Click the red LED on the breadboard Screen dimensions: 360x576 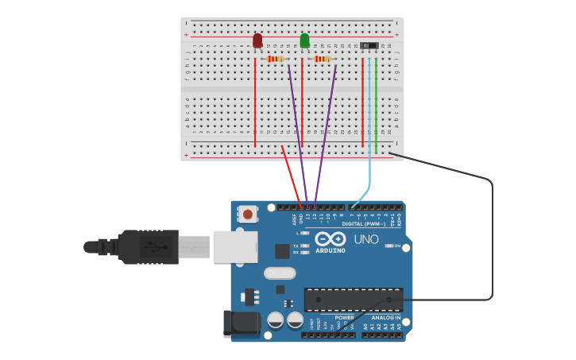[257, 41]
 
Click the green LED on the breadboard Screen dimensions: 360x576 [304, 41]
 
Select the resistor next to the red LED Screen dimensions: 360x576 [275, 59]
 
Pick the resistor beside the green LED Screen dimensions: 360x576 [322, 59]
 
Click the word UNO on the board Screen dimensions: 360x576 [366, 239]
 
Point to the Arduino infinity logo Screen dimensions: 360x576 [330, 239]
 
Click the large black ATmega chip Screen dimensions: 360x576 [354, 300]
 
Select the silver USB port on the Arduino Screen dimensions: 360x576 [235, 246]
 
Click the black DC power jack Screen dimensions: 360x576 [242, 322]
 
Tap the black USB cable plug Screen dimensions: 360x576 [151, 246]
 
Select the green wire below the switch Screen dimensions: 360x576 [376, 103]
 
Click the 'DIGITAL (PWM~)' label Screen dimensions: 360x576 [364, 224]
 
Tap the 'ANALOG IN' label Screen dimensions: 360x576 [387, 317]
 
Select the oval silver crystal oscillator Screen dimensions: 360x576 [279, 273]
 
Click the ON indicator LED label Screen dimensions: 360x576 [397, 246]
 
